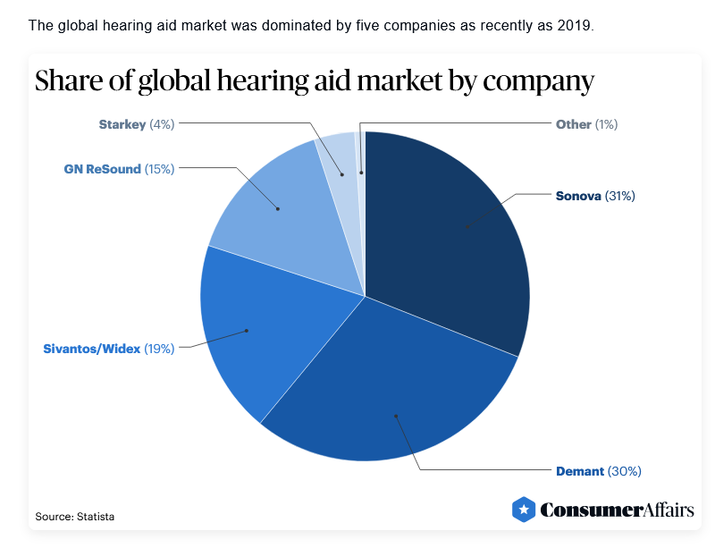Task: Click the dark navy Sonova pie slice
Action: coord(447,232)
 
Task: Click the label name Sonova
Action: coord(578,195)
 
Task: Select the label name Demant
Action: coord(580,470)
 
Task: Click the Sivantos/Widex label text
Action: coord(91,349)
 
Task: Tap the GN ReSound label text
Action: coord(102,168)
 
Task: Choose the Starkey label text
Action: coord(122,124)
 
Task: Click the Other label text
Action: coord(573,124)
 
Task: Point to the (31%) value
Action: coord(620,195)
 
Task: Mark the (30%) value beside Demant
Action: coord(625,470)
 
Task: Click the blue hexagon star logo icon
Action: coord(524,510)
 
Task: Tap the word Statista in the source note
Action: coord(94,517)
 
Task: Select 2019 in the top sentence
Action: coord(576,25)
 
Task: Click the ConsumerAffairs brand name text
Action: coord(617,510)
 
